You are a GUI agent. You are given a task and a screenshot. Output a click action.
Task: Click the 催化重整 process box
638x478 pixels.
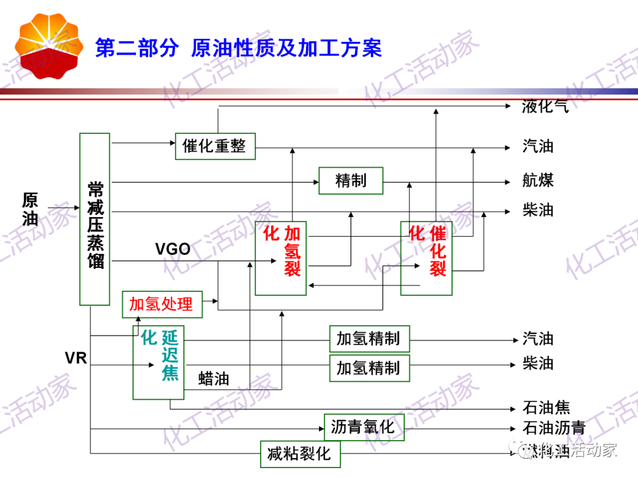(215, 146)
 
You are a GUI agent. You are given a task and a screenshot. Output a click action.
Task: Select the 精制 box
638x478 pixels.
(351, 181)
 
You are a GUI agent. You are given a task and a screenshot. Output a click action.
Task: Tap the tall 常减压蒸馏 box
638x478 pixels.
(95, 218)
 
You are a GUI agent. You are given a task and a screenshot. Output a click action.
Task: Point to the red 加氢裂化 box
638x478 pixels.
(281, 258)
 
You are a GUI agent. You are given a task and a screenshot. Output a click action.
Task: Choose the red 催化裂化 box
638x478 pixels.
(427, 258)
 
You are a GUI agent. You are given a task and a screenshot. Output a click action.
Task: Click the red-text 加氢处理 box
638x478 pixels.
(161, 305)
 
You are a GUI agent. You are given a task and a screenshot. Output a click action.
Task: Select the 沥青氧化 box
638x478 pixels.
(364, 427)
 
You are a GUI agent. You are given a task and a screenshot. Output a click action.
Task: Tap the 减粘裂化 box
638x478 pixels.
(301, 454)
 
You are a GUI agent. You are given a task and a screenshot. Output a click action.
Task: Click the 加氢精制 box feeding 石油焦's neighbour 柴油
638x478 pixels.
(369, 368)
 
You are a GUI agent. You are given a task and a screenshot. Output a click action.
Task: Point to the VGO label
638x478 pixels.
(172, 250)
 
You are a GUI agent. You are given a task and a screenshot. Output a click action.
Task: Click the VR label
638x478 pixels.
(76, 358)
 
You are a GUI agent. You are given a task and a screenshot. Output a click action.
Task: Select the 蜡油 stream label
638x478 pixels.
(214, 378)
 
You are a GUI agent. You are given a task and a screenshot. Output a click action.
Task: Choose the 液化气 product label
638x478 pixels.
(545, 106)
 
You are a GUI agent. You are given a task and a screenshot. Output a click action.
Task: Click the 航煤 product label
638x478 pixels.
(538, 181)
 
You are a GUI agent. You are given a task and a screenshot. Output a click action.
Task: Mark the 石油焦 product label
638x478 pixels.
(546, 408)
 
